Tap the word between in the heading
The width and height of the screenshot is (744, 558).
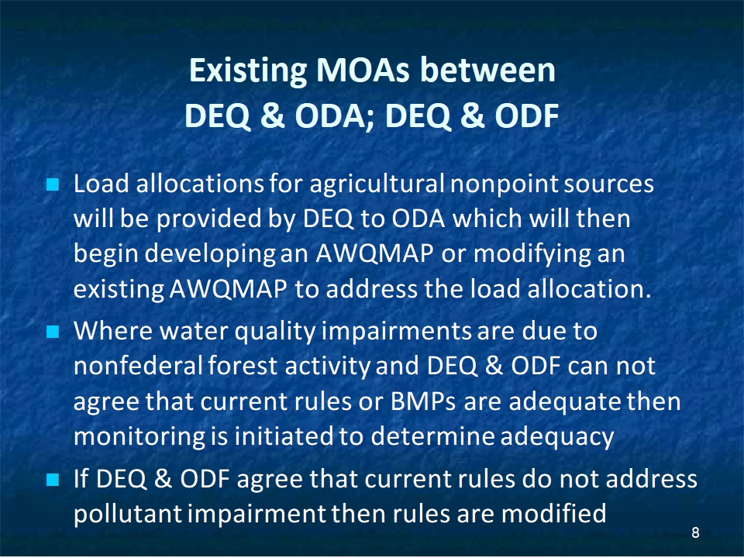tap(487, 71)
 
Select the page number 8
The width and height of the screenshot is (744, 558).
tap(696, 533)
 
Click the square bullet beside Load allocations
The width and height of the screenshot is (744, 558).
tap(53, 184)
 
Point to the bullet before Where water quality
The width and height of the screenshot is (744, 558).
tap(53, 331)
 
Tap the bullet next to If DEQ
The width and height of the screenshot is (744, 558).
tap(53, 480)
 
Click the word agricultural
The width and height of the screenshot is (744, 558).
tap(377, 184)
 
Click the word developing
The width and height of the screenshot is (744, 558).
tap(210, 254)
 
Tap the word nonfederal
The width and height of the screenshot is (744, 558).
tap(138, 367)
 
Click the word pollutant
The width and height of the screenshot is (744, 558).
tap(128, 515)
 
